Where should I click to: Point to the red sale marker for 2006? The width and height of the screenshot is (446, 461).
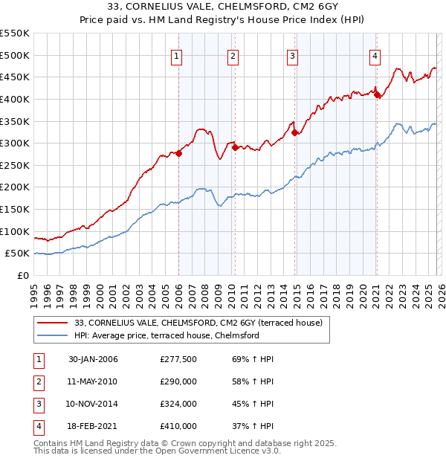[178, 153]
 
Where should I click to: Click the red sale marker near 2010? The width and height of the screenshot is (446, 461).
[234, 147]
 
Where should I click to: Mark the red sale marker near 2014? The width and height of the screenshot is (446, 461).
[294, 132]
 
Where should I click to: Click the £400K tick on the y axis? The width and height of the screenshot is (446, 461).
[15, 99]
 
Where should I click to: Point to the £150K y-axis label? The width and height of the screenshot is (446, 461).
[15, 209]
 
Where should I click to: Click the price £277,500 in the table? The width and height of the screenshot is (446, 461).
[178, 359]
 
